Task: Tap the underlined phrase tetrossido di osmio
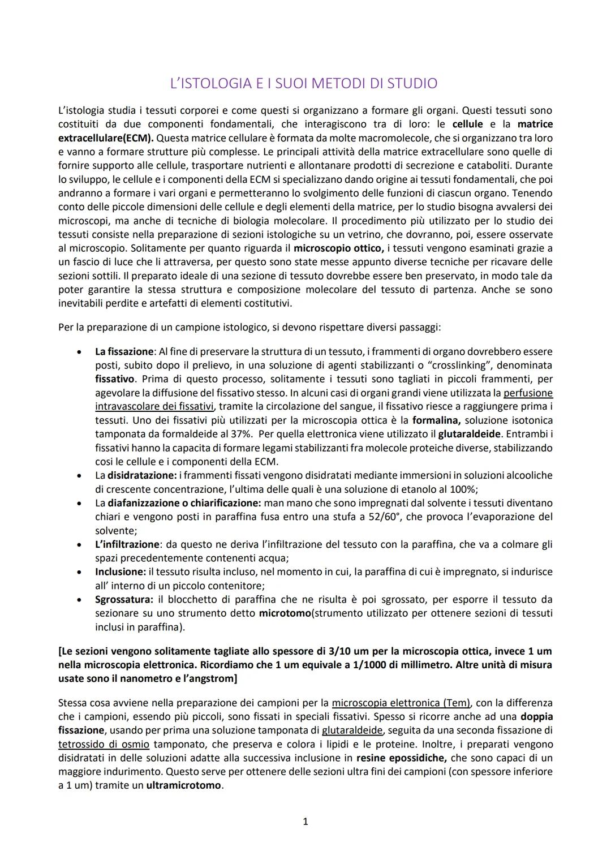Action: pyautogui.click(x=104, y=744)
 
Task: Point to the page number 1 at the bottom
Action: pyautogui.click(x=305, y=822)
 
